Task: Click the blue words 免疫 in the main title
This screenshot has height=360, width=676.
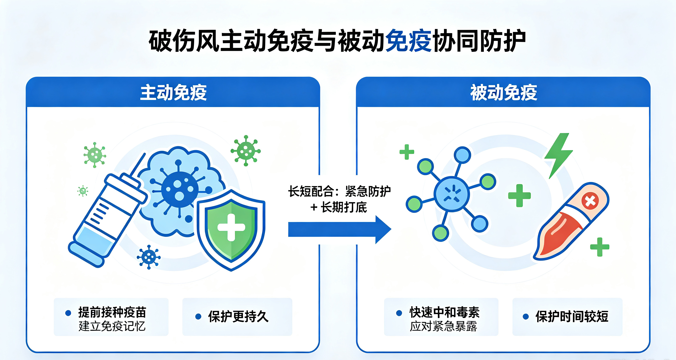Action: point(408,41)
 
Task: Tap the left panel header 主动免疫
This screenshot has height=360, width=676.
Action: point(174,93)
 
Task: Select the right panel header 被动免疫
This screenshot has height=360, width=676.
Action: point(504,93)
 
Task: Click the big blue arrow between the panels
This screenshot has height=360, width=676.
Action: point(340,229)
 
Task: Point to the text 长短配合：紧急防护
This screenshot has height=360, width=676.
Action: point(340,191)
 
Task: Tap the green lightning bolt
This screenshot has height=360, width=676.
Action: point(559,156)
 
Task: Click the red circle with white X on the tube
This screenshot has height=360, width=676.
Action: point(590,201)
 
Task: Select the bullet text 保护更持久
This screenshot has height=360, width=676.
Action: point(238,316)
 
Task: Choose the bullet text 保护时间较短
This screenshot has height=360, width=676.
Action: point(572,316)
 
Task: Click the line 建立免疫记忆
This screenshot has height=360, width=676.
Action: point(112,326)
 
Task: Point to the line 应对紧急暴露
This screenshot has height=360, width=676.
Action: point(443,326)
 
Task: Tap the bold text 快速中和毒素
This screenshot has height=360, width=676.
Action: point(445,313)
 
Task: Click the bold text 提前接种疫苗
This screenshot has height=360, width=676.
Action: point(112,313)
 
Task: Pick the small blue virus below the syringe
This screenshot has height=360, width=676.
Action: point(149,257)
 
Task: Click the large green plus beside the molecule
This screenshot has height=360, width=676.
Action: point(519,196)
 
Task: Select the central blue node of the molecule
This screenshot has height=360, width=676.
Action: point(451,194)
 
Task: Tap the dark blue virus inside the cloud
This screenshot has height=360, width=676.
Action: point(179,189)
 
